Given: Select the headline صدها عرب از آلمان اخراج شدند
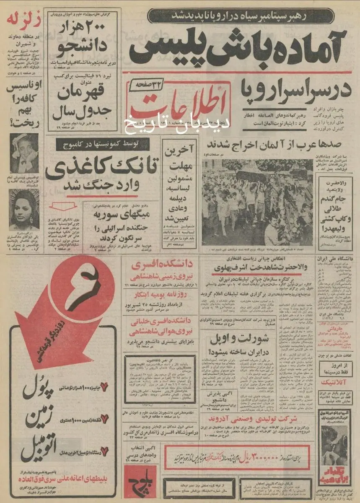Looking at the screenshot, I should [x=277, y=143].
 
